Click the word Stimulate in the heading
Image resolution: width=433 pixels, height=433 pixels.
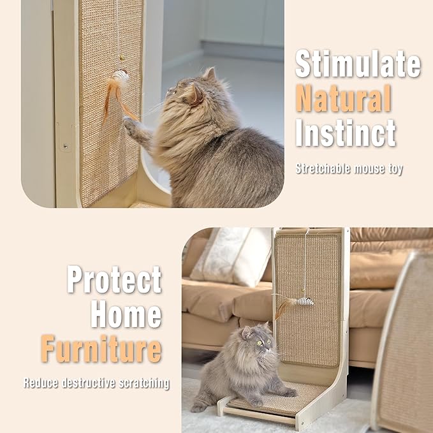(358, 64)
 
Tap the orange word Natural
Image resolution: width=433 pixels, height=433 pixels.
(343, 99)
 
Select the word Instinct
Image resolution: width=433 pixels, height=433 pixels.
(345, 133)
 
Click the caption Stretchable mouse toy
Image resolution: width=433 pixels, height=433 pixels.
(349, 170)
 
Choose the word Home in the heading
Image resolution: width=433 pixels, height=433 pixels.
(126, 314)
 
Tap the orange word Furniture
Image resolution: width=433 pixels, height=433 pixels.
(101, 349)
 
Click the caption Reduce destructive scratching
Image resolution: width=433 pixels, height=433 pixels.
(96, 383)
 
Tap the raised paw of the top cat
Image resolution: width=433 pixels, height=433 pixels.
(131, 124)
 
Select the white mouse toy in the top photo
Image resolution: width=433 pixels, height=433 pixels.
(120, 78)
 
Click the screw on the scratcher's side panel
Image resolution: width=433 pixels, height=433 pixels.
(65, 147)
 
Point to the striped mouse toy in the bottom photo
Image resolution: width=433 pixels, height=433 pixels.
(305, 300)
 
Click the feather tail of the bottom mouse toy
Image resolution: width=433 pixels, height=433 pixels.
(283, 306)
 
